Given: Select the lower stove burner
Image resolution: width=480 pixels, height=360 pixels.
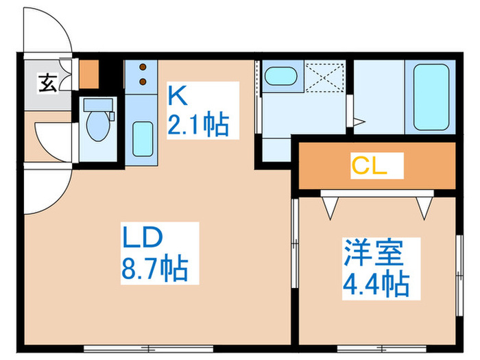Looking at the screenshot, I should (144, 83).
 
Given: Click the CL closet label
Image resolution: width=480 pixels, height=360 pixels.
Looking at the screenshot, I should (370, 165).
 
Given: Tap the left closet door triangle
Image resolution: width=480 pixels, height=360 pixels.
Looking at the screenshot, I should (331, 204).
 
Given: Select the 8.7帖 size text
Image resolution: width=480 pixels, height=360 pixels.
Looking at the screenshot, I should (156, 268).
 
